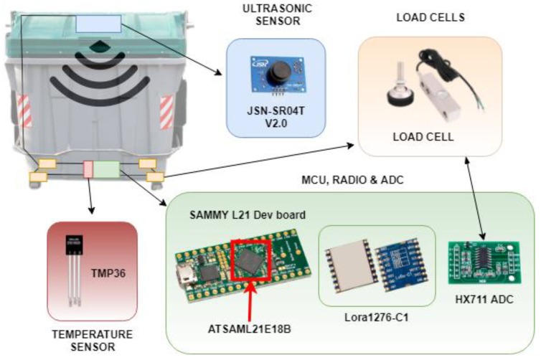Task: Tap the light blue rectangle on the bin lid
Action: coord(98,24)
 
